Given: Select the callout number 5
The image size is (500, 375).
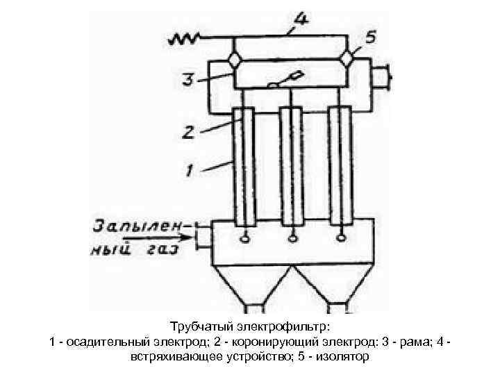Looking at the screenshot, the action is point(372,39).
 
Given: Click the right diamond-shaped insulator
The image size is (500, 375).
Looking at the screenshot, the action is point(346,60).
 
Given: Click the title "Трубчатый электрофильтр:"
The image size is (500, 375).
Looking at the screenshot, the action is point(250,326).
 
